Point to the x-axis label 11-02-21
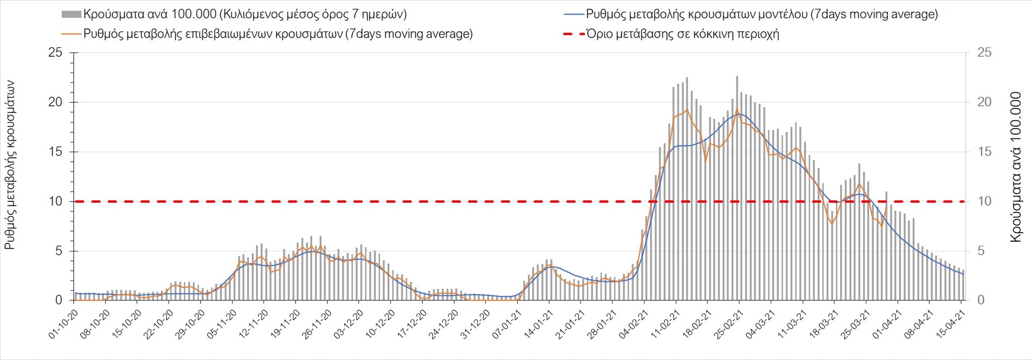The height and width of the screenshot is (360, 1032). click(x=664, y=325)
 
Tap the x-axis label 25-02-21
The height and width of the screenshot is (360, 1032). click(x=728, y=325)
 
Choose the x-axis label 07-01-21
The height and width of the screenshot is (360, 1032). click(x=506, y=325)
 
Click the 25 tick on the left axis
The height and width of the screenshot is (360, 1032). click(x=55, y=53)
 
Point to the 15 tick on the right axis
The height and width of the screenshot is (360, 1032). click(x=984, y=152)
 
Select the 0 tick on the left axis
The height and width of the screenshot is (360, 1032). click(x=59, y=300)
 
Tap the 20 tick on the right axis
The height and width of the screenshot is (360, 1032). click(x=984, y=102)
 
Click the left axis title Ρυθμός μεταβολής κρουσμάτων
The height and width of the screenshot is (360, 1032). click(x=10, y=164)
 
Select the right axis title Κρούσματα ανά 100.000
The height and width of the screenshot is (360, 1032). click(x=1015, y=167)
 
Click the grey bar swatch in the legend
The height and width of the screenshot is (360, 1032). click(x=71, y=15)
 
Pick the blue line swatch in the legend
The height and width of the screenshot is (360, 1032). click(x=574, y=15)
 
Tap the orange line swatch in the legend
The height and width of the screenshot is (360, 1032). click(x=71, y=34)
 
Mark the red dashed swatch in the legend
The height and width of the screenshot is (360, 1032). click(x=574, y=34)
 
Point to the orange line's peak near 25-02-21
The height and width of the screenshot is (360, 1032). click(x=737, y=109)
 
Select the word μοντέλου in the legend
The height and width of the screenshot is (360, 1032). click(x=782, y=15)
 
